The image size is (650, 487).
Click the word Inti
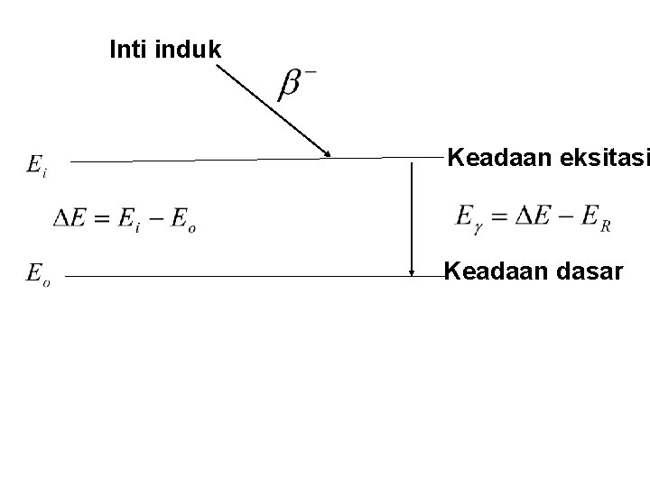(127, 50)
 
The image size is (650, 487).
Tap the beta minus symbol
(296, 84)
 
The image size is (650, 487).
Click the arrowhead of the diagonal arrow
(327, 152)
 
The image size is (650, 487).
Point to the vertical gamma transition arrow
(412, 216)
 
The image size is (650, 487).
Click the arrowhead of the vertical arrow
(412, 271)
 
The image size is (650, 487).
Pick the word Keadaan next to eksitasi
(490, 160)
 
